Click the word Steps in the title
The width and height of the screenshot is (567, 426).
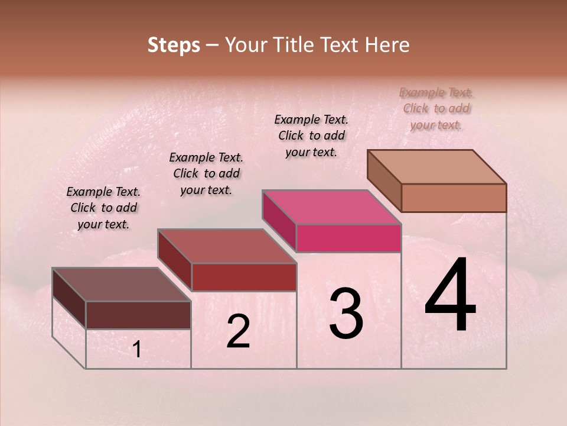pyautogui.click(x=174, y=45)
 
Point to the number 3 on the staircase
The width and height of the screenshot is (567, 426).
pyautogui.click(x=346, y=313)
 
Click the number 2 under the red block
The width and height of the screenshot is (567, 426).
pyautogui.click(x=238, y=332)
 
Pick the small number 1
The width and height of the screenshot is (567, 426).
pyautogui.click(x=136, y=350)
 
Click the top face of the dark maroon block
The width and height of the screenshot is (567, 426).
pyautogui.click(x=121, y=284)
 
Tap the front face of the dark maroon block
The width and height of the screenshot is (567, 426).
pyautogui.click(x=138, y=315)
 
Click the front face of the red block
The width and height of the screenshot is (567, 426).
pyautogui.click(x=243, y=277)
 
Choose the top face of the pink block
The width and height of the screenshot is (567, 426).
pyautogui.click(x=331, y=207)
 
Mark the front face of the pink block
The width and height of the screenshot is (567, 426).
pyautogui.click(x=348, y=238)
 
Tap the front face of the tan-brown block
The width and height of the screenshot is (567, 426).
pyautogui.click(x=454, y=198)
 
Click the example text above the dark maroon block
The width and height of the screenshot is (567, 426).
pyautogui.click(x=103, y=208)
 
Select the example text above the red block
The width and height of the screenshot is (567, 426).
pyautogui.click(x=206, y=173)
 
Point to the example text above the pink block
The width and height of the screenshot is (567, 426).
pyautogui.click(x=311, y=135)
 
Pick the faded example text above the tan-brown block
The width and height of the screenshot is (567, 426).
pyautogui.click(x=436, y=108)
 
